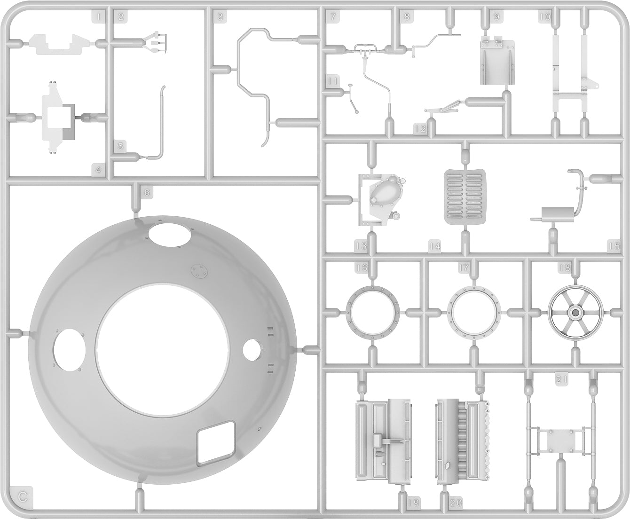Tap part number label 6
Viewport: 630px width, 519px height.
147,192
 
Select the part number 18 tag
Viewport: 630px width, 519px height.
564,267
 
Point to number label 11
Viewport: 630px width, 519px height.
333,81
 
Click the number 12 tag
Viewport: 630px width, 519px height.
420,128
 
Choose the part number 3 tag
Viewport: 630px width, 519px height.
220,17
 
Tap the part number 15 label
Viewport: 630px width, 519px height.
614,245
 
